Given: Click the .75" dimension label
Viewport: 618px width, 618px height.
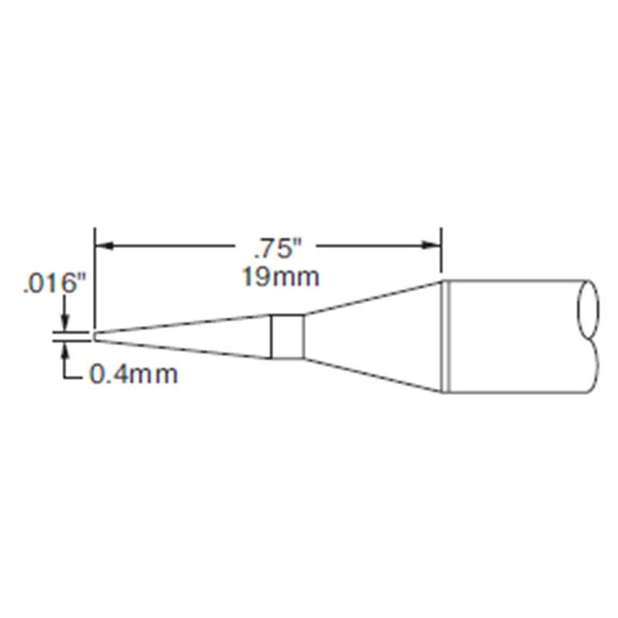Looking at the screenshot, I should point(276,249).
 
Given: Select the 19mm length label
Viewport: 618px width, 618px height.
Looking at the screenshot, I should point(279,277).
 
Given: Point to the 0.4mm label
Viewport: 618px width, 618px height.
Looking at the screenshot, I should point(134,375).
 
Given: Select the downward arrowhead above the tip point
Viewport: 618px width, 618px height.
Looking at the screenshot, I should point(65,327).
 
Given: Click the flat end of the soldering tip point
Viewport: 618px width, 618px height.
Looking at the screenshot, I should point(94,336).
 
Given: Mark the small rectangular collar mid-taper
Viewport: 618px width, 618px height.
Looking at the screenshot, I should point(286,337).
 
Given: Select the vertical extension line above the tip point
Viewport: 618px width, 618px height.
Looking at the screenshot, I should point(94,278).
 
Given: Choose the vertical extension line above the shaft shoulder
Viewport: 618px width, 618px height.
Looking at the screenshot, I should point(440,251).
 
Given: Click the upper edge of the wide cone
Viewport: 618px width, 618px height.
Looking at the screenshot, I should point(371,297).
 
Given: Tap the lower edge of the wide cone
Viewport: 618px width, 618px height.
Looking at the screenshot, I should point(371,376).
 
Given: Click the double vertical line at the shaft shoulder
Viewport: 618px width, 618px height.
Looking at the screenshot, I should point(445,335).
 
